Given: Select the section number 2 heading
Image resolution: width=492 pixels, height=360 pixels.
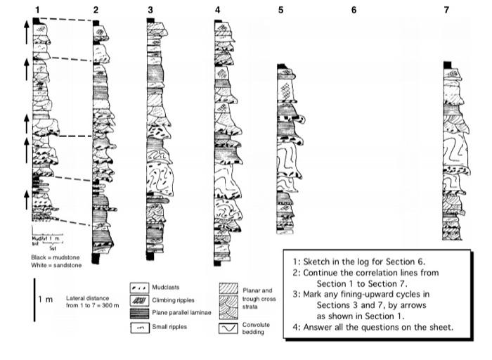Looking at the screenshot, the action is coord(95,10).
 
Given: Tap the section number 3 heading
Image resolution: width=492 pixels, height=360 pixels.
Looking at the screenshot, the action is coord(150,10).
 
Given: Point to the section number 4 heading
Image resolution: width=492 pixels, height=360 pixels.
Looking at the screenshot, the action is coord(218,10).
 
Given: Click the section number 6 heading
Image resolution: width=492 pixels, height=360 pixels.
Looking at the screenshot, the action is coord(354,10).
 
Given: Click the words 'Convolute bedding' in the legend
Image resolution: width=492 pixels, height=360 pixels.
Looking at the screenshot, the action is coord(256,328).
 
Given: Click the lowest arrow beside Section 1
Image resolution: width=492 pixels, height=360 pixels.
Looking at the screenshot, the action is coord(26,198).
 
